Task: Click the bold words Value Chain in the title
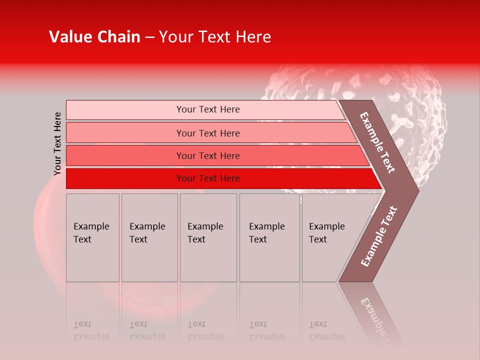94,37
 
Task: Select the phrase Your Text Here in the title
215,37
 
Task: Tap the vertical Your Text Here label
57,143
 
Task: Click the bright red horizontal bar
220,178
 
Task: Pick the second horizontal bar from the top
210,133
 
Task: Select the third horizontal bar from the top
215,155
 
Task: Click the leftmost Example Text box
92,237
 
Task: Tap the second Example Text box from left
149,237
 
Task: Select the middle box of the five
208,237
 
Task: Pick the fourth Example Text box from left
269,237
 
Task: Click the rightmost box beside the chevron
330,237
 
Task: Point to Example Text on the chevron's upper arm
377,142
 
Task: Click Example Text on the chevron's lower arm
379,236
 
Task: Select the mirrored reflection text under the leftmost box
91,330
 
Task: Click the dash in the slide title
149,37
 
